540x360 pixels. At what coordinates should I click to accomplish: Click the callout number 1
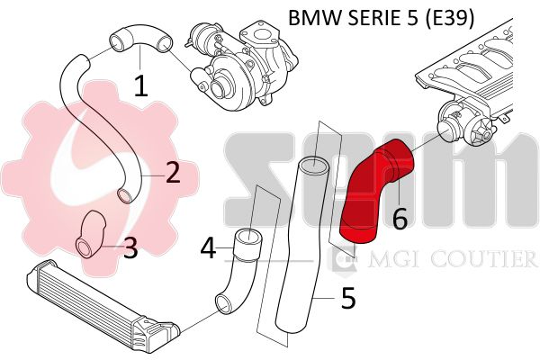click(141, 85)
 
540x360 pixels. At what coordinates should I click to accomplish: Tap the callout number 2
click(173, 172)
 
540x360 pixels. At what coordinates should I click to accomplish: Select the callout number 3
click(130, 247)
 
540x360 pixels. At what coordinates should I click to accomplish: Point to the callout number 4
click(209, 248)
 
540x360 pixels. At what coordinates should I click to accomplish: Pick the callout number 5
click(348, 298)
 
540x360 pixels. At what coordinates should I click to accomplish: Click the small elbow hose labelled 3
click(90, 234)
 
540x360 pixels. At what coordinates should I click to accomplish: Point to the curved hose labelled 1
click(140, 37)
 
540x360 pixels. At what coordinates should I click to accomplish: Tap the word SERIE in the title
click(371, 18)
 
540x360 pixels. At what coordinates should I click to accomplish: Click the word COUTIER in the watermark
click(483, 259)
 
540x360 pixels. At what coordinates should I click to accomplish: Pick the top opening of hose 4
click(248, 238)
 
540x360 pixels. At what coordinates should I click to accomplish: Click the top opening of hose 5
click(313, 166)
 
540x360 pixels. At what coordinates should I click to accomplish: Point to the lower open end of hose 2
click(126, 195)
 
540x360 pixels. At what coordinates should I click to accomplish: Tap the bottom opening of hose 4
click(223, 304)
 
